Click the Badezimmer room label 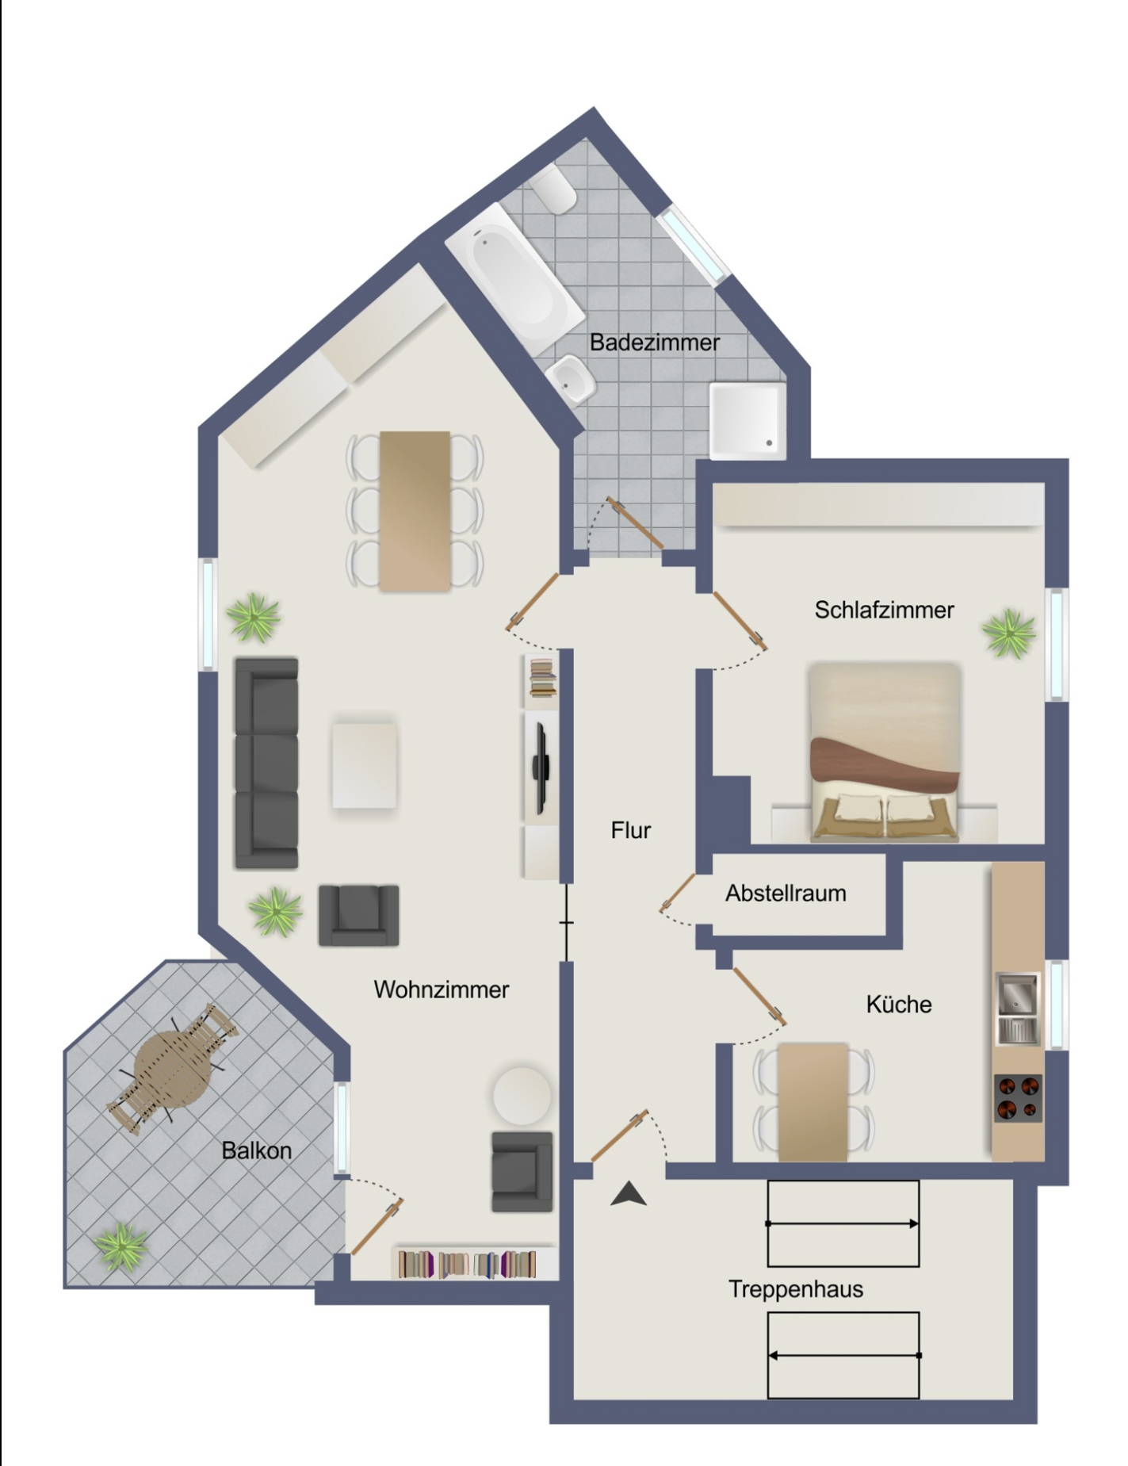pyautogui.click(x=655, y=343)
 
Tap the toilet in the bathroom pyautogui.click(x=555, y=190)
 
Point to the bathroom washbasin pyautogui.click(x=571, y=381)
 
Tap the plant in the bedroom pyautogui.click(x=1009, y=633)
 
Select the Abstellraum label pyautogui.click(x=786, y=894)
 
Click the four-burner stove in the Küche pyautogui.click(x=1019, y=1098)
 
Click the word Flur pyautogui.click(x=630, y=830)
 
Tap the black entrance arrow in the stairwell pyautogui.click(x=629, y=1194)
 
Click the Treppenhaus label pyautogui.click(x=796, y=1289)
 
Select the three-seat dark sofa pyautogui.click(x=266, y=763)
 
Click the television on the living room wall pyautogui.click(x=541, y=767)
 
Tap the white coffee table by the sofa pyautogui.click(x=364, y=765)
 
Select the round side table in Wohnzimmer pyautogui.click(x=522, y=1096)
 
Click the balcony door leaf pyautogui.click(x=377, y=1227)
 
